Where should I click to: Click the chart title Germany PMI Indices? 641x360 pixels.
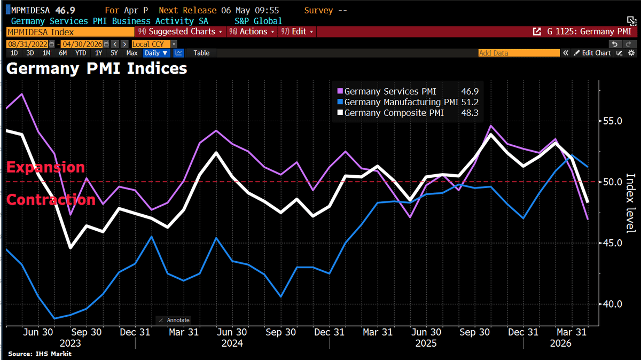click(97, 69)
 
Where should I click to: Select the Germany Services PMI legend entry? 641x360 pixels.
click(390, 91)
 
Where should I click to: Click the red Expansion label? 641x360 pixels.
click(46, 167)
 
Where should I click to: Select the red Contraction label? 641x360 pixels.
click(51, 200)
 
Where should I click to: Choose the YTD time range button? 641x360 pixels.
click(81, 53)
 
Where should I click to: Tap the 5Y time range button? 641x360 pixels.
click(114, 53)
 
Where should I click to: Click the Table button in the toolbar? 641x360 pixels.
click(201, 53)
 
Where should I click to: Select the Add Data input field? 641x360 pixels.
click(518, 53)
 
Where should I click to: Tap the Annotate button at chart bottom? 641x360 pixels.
click(174, 320)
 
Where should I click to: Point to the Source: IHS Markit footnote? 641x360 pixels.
click(40, 354)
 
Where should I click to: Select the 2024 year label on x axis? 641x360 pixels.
click(232, 343)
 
